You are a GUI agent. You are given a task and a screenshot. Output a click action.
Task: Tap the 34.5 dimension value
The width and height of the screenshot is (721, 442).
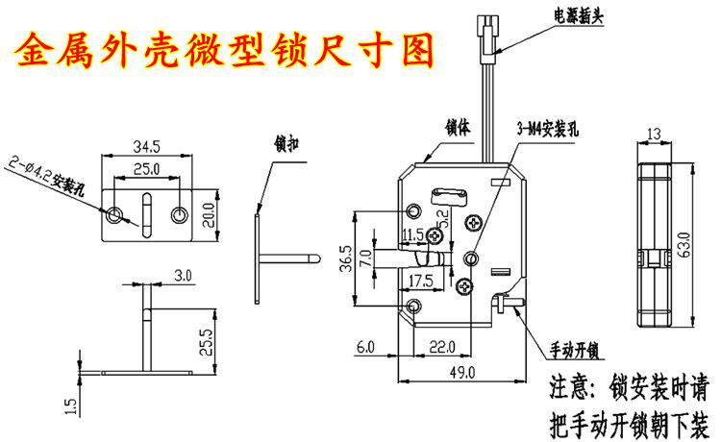pos(147,147)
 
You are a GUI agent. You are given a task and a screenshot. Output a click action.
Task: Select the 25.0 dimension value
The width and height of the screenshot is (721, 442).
pos(147,170)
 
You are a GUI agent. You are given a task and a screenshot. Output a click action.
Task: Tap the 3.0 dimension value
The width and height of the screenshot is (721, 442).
pos(184,275)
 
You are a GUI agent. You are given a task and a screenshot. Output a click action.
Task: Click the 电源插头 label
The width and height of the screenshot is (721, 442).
pos(578,15)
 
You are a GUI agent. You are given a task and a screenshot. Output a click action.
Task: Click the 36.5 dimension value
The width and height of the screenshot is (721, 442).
pos(342,258)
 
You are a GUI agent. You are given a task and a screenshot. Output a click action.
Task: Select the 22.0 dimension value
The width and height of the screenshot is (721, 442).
pos(441,346)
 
